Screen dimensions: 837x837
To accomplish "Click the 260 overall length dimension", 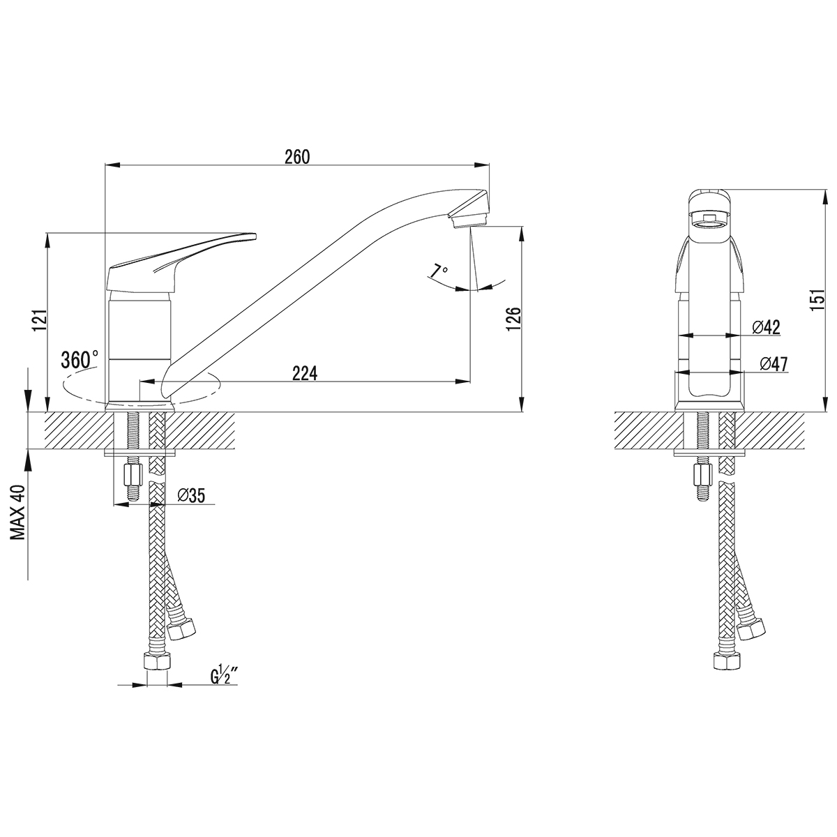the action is (297, 157).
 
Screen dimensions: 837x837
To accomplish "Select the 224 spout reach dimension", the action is (305, 373).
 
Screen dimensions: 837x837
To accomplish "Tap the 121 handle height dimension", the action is (40, 321).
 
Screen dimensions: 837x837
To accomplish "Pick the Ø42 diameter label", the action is (766, 327).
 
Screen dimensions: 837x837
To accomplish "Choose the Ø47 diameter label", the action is (774, 364).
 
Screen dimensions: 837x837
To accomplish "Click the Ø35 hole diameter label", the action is (191, 496).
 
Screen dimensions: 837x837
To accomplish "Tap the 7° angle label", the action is (439, 271).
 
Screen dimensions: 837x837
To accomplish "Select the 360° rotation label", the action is (80, 360).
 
